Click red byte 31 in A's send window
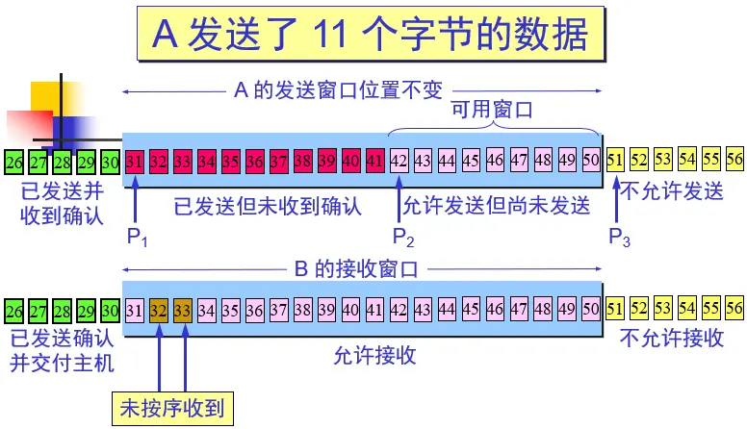pos(135,160)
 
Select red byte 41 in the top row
pos(375,160)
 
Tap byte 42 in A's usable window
pos(399,160)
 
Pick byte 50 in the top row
pos(591,160)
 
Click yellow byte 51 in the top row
pos(615,160)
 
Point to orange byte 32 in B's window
pos(159,310)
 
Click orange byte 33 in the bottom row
pos(183,310)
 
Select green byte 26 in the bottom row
pos(14,310)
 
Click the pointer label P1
pos(139,238)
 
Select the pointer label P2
pos(403,238)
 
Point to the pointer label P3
pos(620,238)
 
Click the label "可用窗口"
pos(493,111)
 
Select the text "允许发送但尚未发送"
pos(496,205)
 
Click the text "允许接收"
pos(374,355)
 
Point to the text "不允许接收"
pos(672,339)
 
